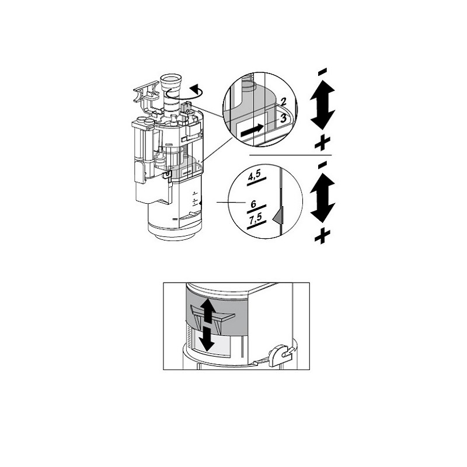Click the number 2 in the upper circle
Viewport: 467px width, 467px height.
pos(283,102)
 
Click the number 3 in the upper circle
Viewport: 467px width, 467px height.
pos(283,119)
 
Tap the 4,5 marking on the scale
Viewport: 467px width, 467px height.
pos(255,176)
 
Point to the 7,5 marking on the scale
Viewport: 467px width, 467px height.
pos(256,219)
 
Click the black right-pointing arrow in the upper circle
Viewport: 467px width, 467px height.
pos(252,130)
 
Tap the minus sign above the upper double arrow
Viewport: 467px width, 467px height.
pos(323,72)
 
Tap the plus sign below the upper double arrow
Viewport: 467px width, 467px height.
pos(323,142)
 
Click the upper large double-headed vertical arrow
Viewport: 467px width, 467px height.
pos(323,105)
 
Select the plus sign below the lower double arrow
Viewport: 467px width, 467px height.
pos(323,236)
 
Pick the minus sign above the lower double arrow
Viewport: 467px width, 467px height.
pos(323,165)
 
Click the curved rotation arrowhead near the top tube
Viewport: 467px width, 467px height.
pos(196,88)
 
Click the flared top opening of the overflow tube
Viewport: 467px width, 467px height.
pos(171,80)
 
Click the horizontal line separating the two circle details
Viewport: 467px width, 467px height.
pos(290,155)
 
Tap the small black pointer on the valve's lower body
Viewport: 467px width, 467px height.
pos(200,203)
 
